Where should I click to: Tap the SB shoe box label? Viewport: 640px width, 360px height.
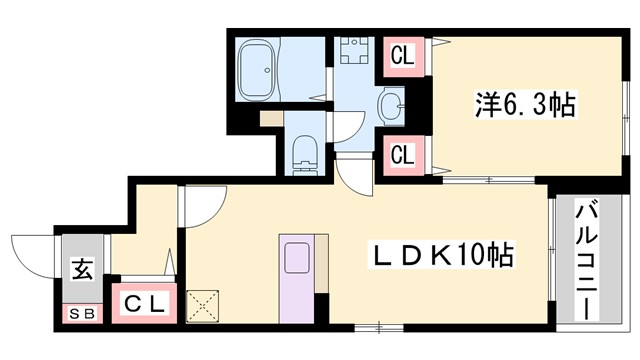click(x=81, y=314)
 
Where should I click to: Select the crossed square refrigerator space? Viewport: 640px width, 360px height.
click(x=203, y=306)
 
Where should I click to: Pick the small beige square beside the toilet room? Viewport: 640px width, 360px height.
click(x=267, y=118)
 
